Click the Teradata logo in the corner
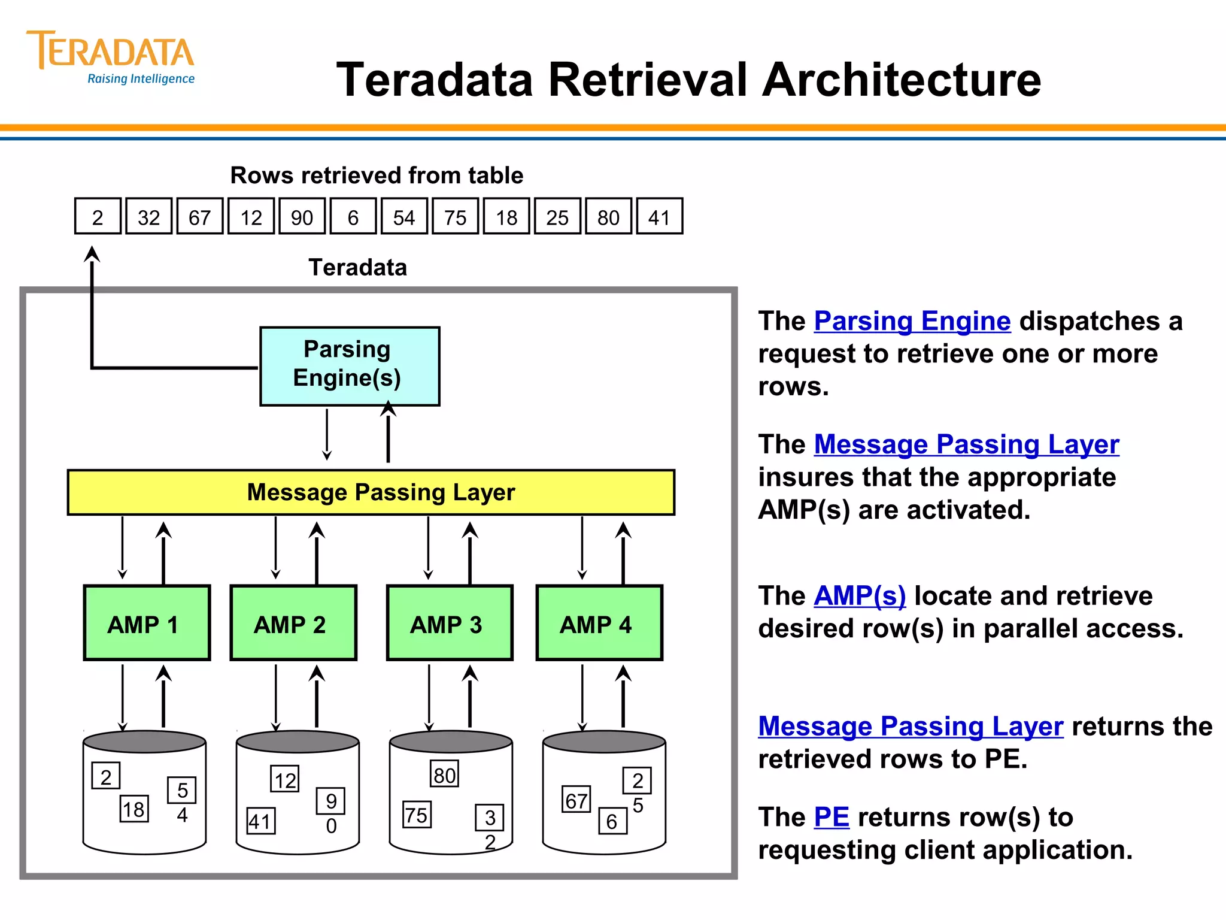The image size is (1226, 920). tap(111, 57)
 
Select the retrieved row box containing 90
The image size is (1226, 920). tap(302, 217)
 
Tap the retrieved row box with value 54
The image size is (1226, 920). tap(404, 217)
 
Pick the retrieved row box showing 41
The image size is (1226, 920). tap(659, 217)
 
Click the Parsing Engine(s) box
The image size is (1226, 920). tap(350, 366)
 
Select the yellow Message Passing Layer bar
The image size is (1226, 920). tap(371, 492)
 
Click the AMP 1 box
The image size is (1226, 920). tap(147, 623)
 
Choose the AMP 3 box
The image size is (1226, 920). tap(450, 623)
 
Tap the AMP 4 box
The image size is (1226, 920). tap(599, 623)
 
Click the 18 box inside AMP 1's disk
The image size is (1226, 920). tap(134, 809)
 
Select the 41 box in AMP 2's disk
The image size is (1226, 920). tap(261, 821)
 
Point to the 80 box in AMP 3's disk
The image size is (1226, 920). tap(444, 774)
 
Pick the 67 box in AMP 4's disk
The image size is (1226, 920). tap(576, 800)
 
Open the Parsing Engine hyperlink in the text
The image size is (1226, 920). tap(912, 321)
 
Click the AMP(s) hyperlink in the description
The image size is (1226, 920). tap(860, 596)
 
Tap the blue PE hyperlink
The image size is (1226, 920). tap(832, 817)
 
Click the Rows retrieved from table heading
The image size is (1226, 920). tap(377, 175)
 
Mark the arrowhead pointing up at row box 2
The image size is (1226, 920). tap(92, 254)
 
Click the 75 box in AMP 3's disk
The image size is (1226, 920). tap(417, 815)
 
